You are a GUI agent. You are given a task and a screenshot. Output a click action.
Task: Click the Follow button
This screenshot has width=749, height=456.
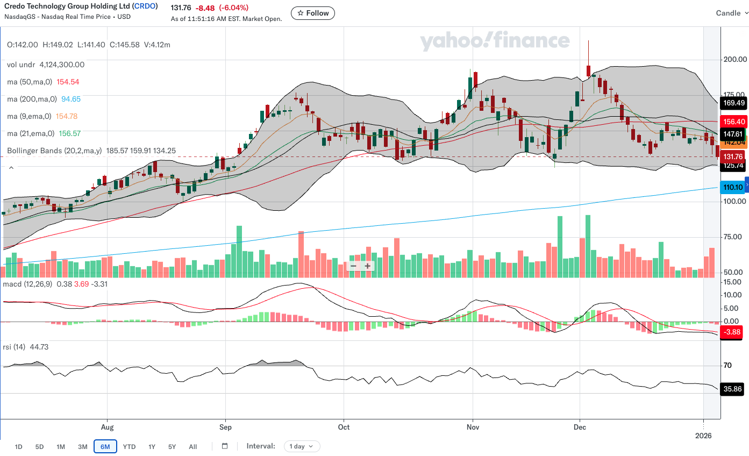pos(313,13)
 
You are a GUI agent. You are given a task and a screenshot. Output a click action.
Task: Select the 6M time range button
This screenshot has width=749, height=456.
pos(105,446)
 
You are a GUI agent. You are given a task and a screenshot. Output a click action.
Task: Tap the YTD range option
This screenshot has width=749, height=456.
pos(129,446)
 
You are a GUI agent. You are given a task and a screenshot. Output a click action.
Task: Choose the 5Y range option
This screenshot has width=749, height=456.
pos(172,446)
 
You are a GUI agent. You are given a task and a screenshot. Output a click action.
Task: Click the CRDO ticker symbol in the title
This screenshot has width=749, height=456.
pos(146,7)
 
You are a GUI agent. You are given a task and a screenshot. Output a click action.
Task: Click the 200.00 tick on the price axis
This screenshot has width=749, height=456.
pos(734,59)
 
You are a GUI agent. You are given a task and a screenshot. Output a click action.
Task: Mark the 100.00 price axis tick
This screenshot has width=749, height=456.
pos(734,201)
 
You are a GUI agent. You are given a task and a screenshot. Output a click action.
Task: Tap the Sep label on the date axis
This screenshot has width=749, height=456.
pos(226,427)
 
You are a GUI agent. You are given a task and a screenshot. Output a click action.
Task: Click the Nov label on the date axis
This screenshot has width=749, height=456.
pos(473,427)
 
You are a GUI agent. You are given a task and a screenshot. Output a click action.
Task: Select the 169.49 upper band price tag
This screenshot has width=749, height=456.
pos(733,103)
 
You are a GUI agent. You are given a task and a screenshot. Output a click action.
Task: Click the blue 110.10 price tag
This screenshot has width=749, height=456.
pos(733,188)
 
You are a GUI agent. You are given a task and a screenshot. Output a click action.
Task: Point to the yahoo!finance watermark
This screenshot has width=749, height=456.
pos(494,41)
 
